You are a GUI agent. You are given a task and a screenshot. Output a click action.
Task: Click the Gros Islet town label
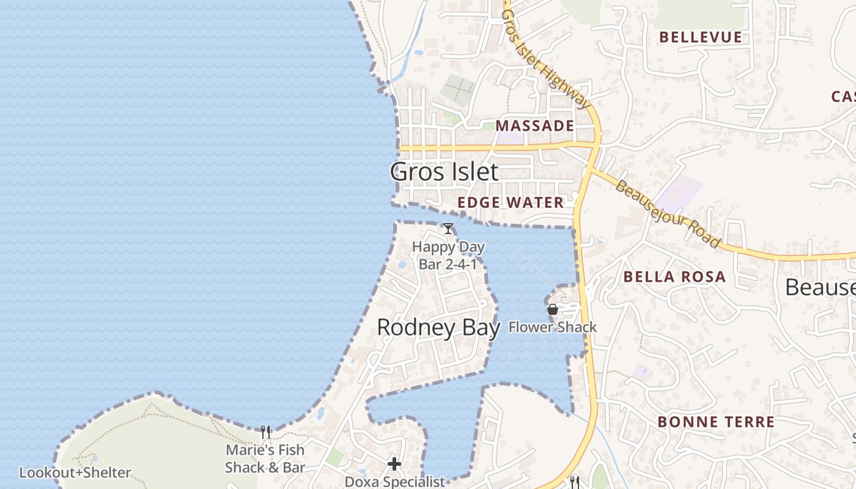click(x=444, y=172)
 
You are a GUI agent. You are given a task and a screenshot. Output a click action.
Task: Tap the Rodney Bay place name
click(x=438, y=328)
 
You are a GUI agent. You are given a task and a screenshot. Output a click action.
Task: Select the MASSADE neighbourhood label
click(x=534, y=126)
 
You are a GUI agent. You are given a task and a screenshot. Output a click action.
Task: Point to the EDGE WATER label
click(x=511, y=202)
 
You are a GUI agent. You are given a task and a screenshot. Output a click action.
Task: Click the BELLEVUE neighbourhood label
click(x=701, y=37)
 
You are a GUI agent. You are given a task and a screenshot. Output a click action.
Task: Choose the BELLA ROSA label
click(x=674, y=277)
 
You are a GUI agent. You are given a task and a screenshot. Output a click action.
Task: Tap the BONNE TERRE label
click(x=716, y=422)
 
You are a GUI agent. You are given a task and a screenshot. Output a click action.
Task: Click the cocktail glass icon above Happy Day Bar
click(x=448, y=229)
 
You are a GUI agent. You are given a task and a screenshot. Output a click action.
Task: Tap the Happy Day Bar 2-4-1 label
click(x=448, y=256)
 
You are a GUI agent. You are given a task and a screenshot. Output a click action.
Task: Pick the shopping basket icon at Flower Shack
click(x=552, y=309)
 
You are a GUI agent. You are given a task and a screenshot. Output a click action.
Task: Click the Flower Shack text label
click(x=553, y=327)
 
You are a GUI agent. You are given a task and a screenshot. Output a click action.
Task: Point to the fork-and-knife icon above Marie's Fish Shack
click(x=265, y=432)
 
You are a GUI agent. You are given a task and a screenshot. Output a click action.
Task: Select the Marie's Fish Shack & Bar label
click(x=265, y=458)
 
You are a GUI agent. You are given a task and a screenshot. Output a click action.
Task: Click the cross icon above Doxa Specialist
click(x=394, y=464)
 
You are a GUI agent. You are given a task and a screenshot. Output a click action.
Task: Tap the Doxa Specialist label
click(x=395, y=482)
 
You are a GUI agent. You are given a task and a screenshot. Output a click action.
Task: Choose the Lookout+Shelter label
click(x=75, y=472)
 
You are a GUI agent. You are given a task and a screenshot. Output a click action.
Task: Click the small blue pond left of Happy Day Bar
click(x=402, y=265)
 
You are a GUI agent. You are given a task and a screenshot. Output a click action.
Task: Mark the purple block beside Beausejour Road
click(x=684, y=189)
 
